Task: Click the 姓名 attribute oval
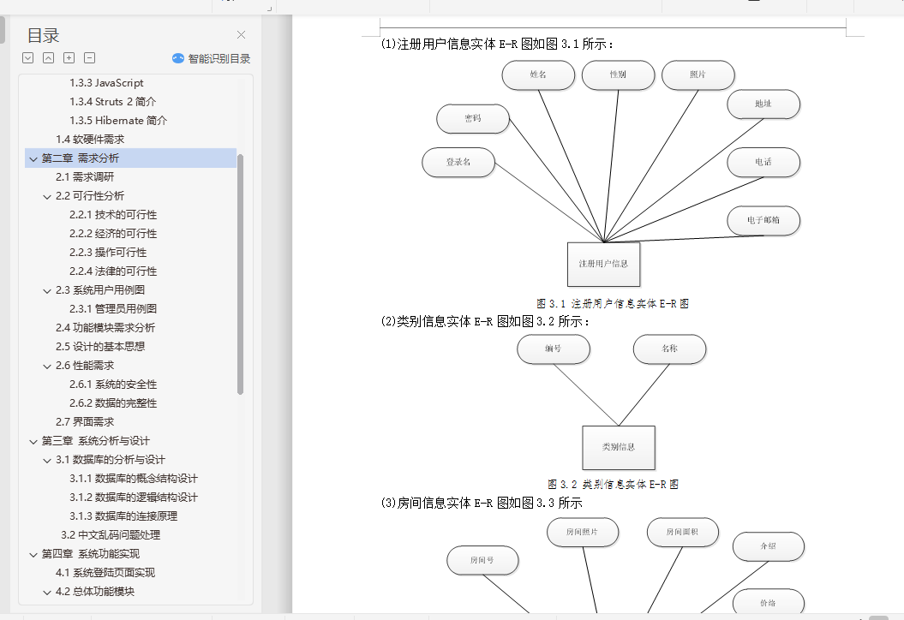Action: pos(538,75)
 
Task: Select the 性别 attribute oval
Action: pos(618,75)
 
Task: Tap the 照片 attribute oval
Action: pos(697,75)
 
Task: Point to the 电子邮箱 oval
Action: pos(763,221)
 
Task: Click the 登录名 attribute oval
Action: pos(458,163)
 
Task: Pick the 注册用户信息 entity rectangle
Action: pos(603,264)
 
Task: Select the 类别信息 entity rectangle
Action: pos(618,447)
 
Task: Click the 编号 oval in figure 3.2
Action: pos(553,349)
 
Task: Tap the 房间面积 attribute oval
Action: pos(682,533)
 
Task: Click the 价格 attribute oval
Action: pos(768,603)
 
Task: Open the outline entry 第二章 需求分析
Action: pos(81,158)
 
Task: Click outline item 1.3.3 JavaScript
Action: pos(106,83)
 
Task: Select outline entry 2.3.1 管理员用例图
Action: pos(113,309)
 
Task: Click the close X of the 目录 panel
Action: pos(241,35)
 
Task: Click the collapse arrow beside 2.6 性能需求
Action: pos(47,366)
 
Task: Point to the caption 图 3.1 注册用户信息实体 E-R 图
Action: pos(612,304)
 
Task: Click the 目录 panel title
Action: pos(43,36)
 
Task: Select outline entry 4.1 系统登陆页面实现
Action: pos(105,573)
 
